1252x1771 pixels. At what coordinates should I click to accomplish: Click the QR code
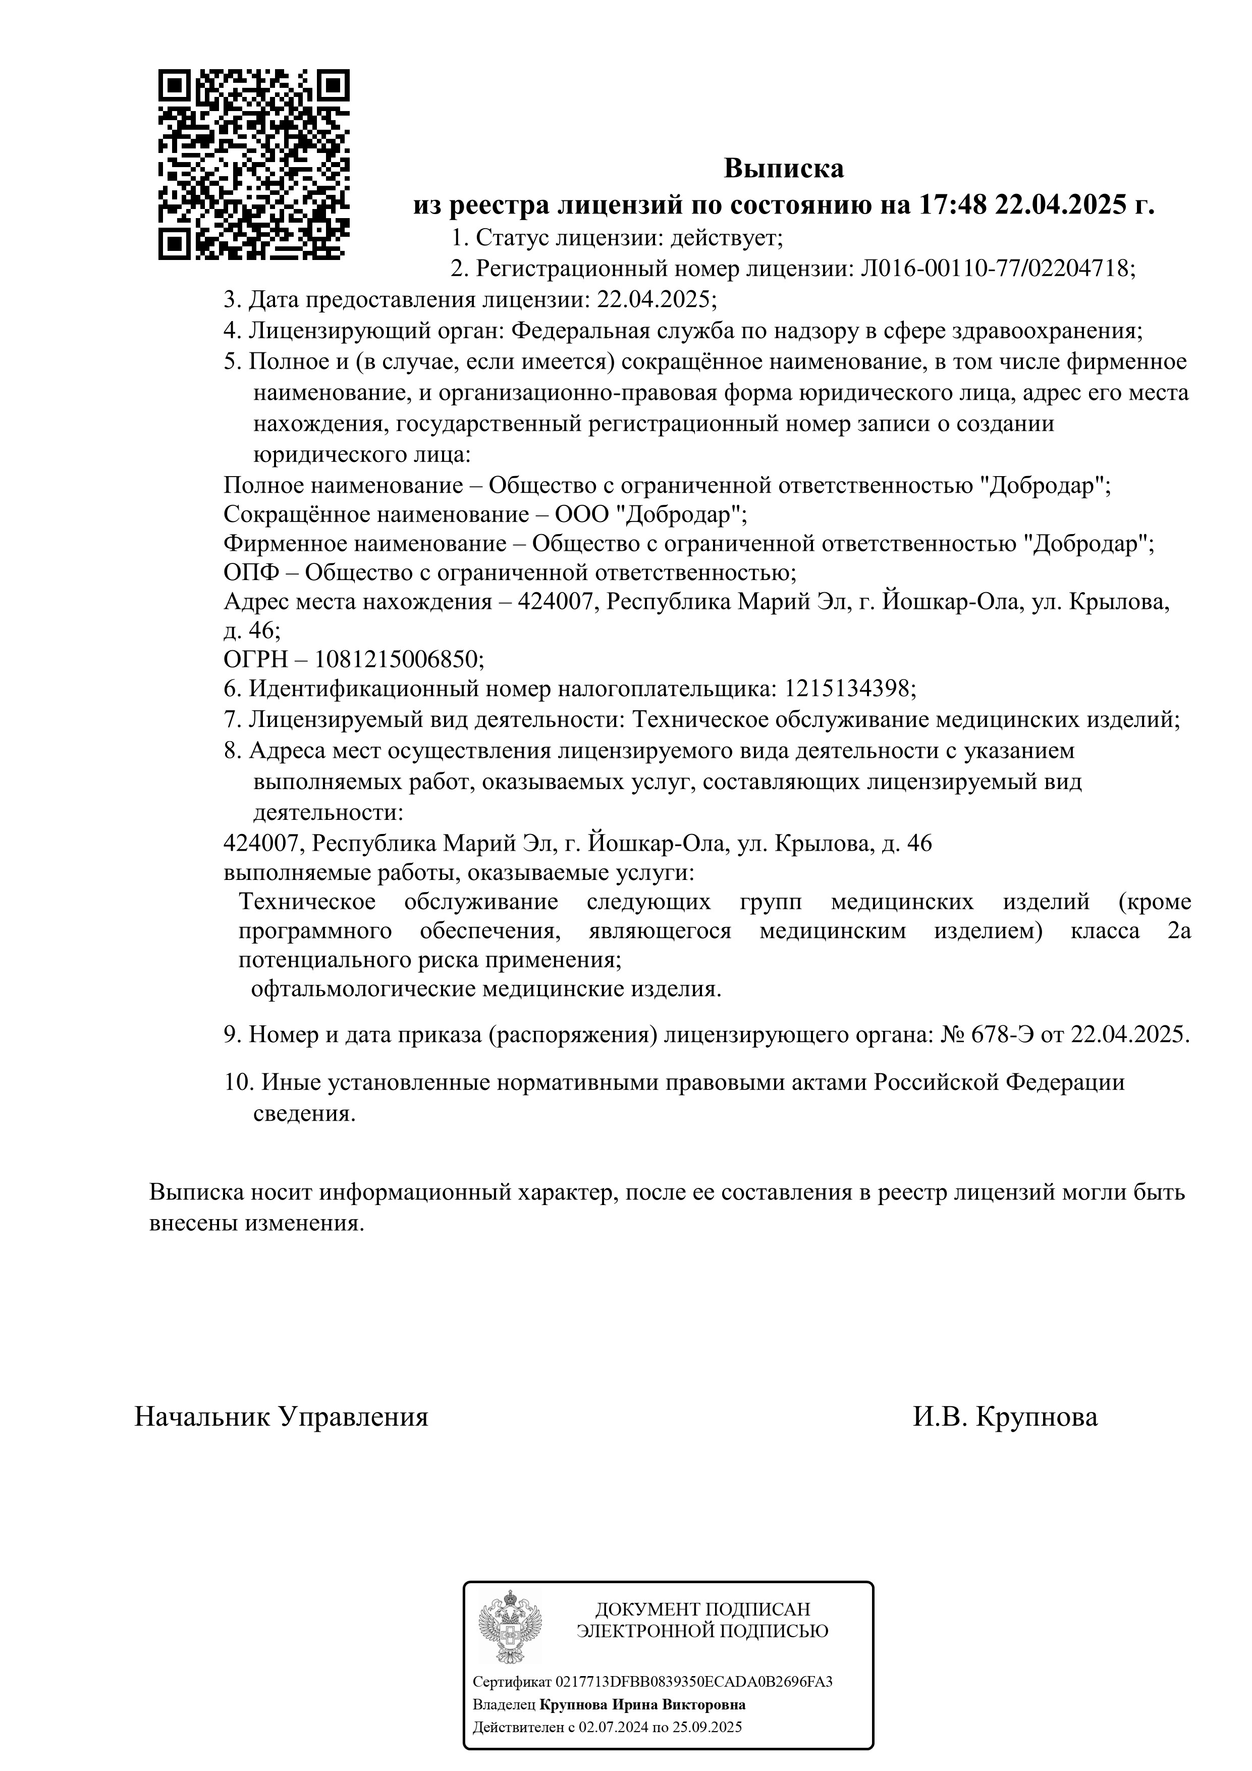[254, 164]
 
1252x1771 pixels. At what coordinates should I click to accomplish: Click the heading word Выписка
[783, 168]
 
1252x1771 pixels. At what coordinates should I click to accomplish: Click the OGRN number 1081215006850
[397, 659]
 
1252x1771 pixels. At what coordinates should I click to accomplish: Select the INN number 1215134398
[847, 688]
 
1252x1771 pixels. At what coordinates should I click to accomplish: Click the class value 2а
[1179, 931]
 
